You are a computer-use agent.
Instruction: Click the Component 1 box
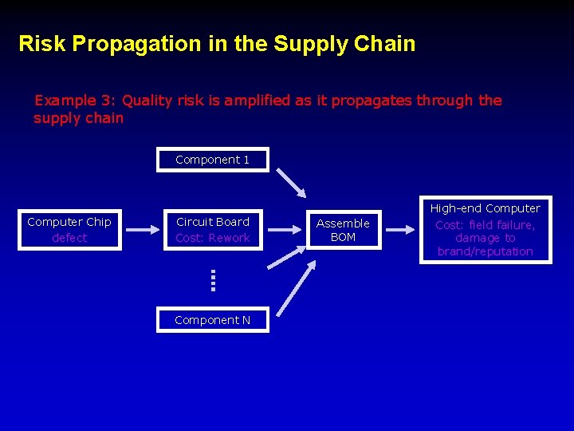click(x=213, y=160)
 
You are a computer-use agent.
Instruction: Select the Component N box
click(x=213, y=320)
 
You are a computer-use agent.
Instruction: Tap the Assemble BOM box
click(x=343, y=230)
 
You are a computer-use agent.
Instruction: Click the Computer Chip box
click(x=69, y=230)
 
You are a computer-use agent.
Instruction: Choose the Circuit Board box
click(x=213, y=230)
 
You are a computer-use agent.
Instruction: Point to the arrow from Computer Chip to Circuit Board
click(x=143, y=230)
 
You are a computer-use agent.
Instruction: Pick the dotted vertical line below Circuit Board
click(x=214, y=279)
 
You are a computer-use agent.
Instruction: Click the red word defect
click(x=69, y=238)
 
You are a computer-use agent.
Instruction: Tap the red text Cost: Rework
click(x=213, y=238)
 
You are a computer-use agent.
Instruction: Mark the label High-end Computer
click(x=486, y=208)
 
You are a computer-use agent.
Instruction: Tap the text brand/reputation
click(x=486, y=251)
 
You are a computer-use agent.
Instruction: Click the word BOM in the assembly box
click(x=343, y=237)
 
